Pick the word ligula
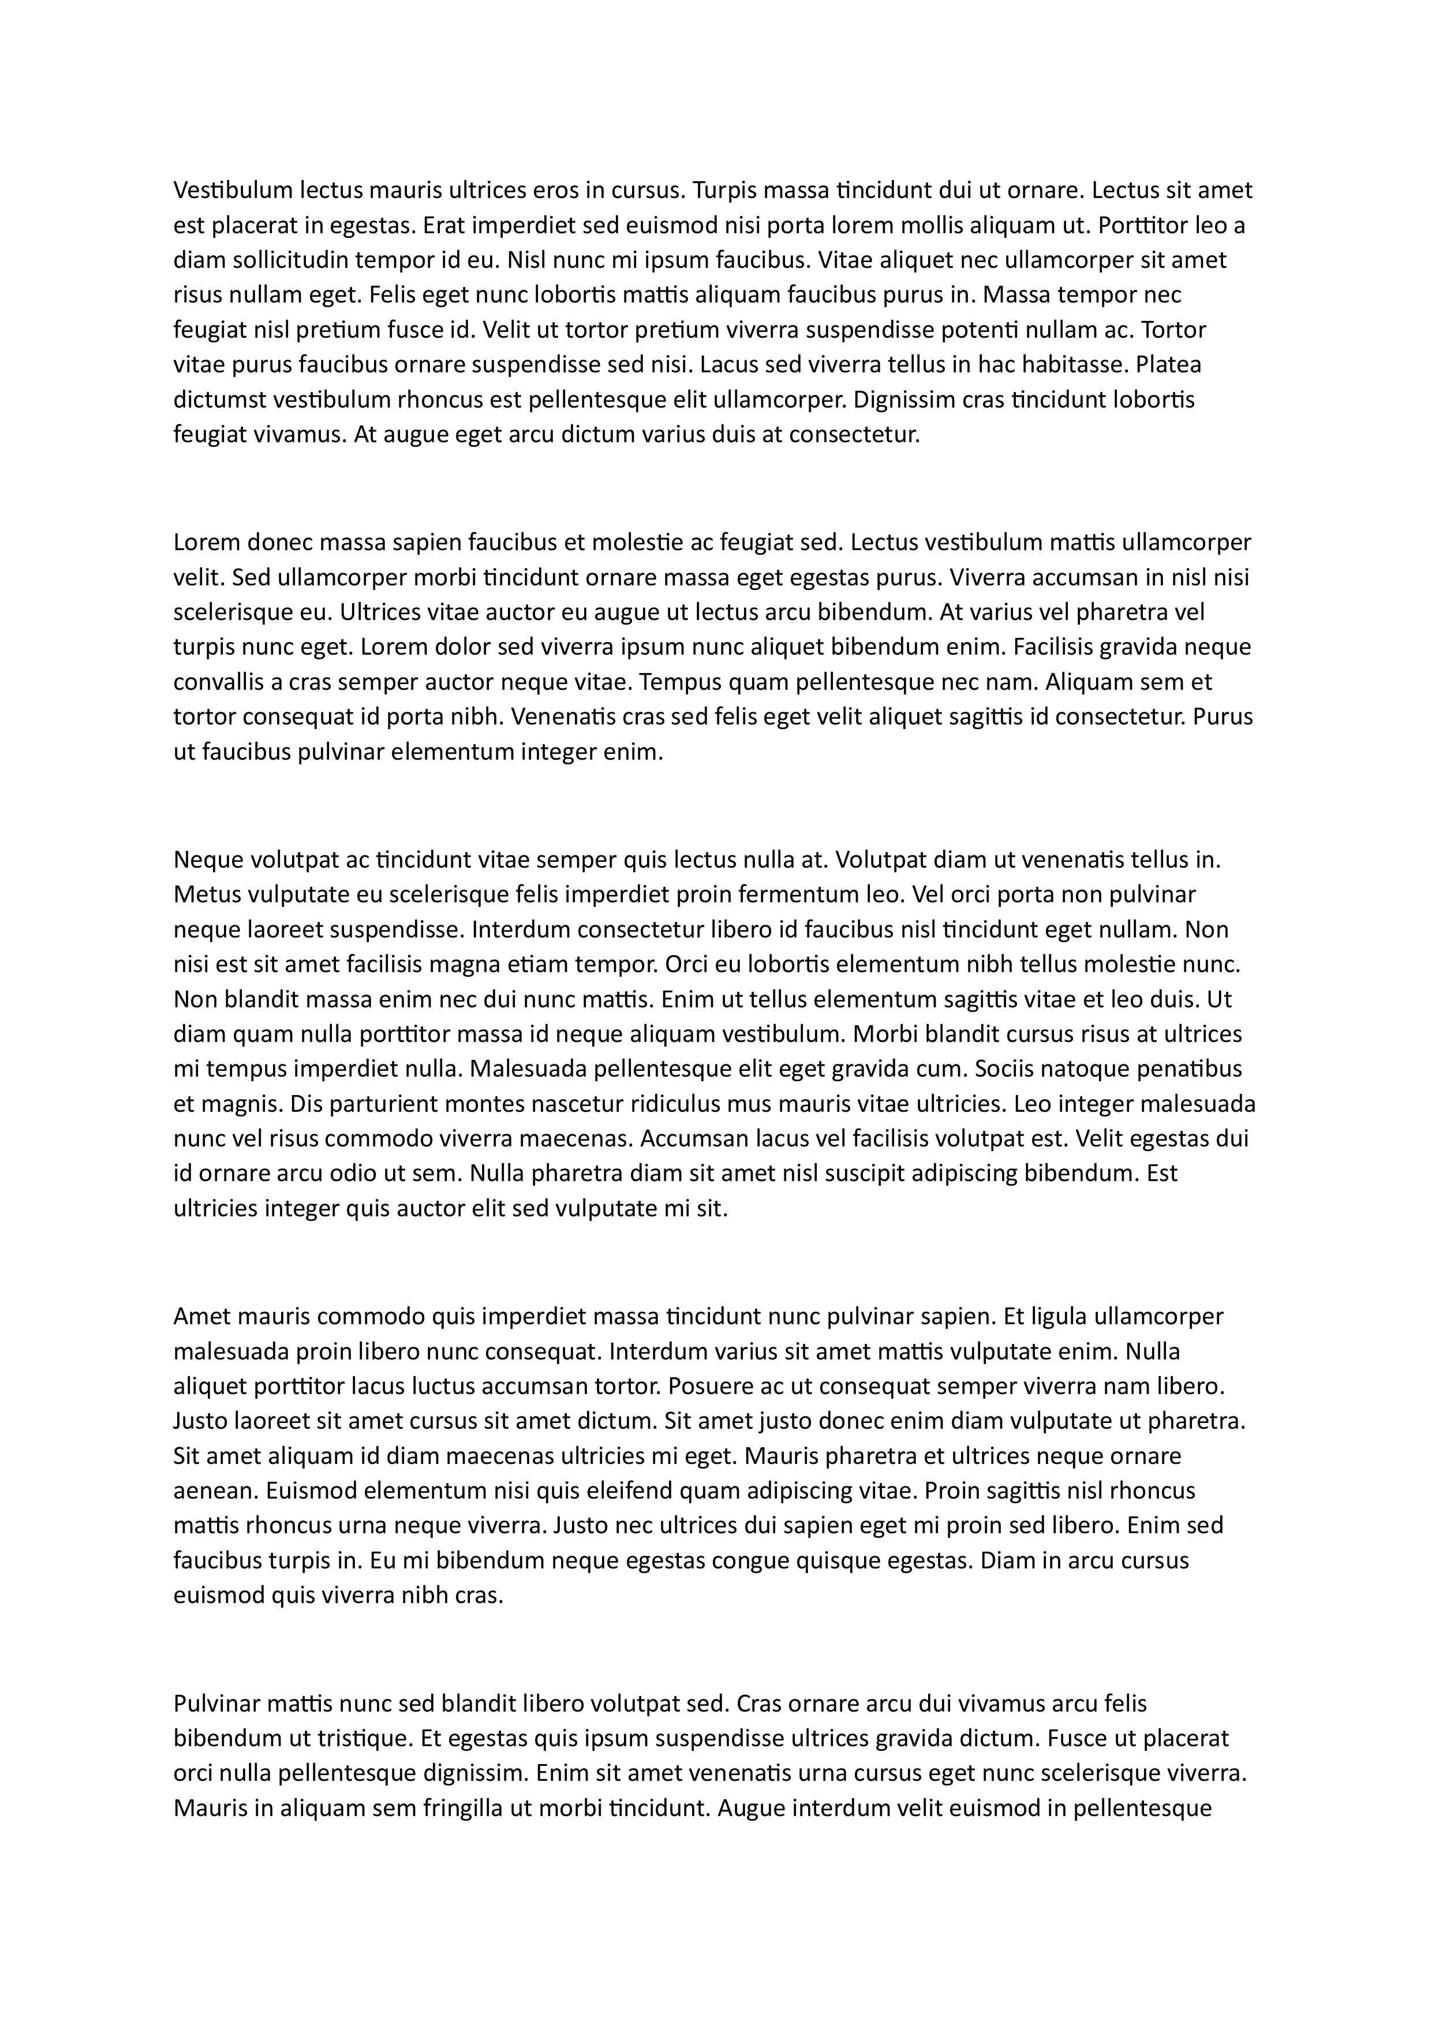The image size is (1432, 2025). click(1058, 1317)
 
